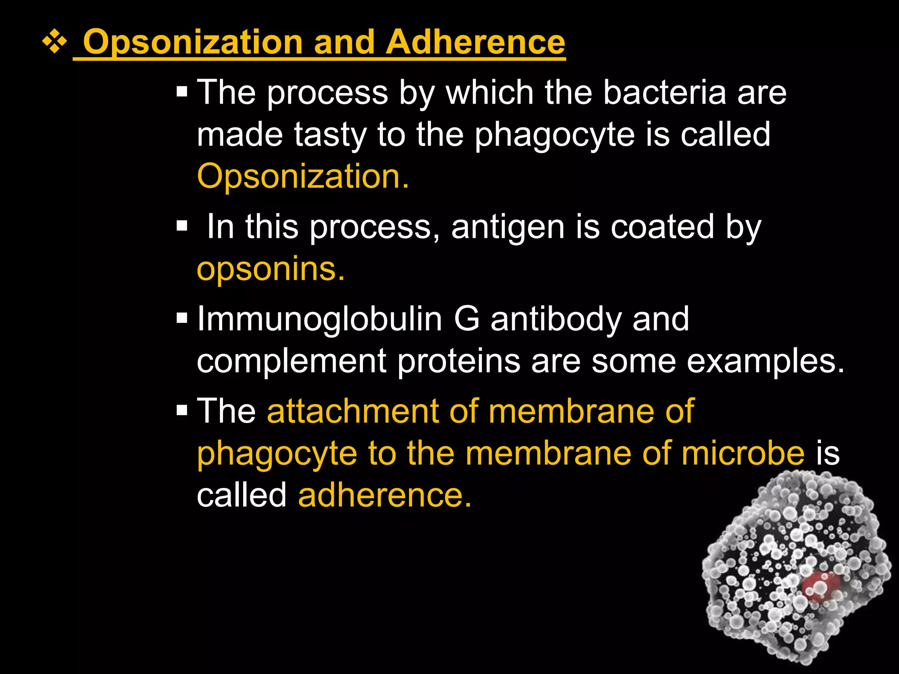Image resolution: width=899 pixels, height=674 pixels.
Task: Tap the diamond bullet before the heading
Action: click(x=54, y=43)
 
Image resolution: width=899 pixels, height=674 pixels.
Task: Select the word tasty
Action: click(x=330, y=135)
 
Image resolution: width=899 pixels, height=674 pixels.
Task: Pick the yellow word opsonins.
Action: click(x=270, y=269)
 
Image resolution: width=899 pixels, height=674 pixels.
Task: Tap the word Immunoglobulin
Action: click(x=320, y=319)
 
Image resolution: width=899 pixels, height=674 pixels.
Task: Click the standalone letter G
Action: click(x=467, y=319)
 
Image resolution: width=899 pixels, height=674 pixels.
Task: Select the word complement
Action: click(x=291, y=361)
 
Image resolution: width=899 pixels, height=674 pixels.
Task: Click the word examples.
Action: click(x=766, y=361)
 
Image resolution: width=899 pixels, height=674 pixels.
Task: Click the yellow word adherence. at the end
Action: click(x=385, y=495)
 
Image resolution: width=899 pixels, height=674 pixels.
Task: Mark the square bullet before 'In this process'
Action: click(x=182, y=226)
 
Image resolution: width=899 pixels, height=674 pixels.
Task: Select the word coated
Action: click(x=662, y=227)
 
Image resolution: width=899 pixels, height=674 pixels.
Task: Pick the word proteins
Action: click(x=459, y=361)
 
